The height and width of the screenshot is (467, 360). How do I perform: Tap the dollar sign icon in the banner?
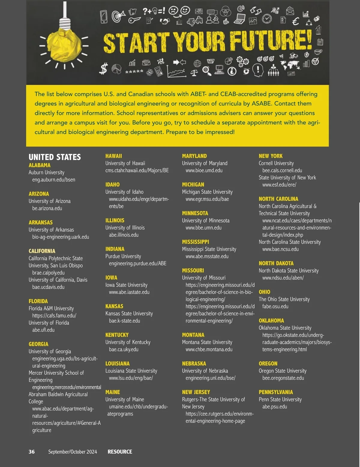click(x=103, y=69)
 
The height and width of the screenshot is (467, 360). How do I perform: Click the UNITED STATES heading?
click(x=55, y=157)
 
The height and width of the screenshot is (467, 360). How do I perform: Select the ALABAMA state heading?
click(x=40, y=165)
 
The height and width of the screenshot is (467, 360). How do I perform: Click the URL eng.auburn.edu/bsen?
click(x=54, y=180)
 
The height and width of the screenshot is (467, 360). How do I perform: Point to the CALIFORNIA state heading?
click(x=42, y=251)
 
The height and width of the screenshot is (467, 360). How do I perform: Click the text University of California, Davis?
click(x=58, y=280)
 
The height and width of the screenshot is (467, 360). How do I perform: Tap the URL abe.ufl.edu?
click(x=43, y=330)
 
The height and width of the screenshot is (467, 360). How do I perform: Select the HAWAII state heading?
click(x=114, y=156)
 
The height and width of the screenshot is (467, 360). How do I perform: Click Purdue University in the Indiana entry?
click(x=123, y=256)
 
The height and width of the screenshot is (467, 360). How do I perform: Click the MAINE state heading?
click(x=112, y=392)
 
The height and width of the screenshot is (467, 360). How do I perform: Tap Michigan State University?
click(x=207, y=192)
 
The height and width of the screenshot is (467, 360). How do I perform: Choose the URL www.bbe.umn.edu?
click(x=203, y=228)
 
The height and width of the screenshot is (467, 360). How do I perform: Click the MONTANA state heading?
click(x=193, y=335)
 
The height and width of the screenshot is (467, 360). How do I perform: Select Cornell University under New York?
click(x=276, y=163)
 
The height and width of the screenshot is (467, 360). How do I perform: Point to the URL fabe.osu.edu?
click(x=275, y=306)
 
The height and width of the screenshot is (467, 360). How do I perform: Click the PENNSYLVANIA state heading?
click(x=276, y=392)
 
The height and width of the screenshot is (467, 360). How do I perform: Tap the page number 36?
click(x=31, y=452)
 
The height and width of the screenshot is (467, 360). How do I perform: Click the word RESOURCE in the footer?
click(x=120, y=452)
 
